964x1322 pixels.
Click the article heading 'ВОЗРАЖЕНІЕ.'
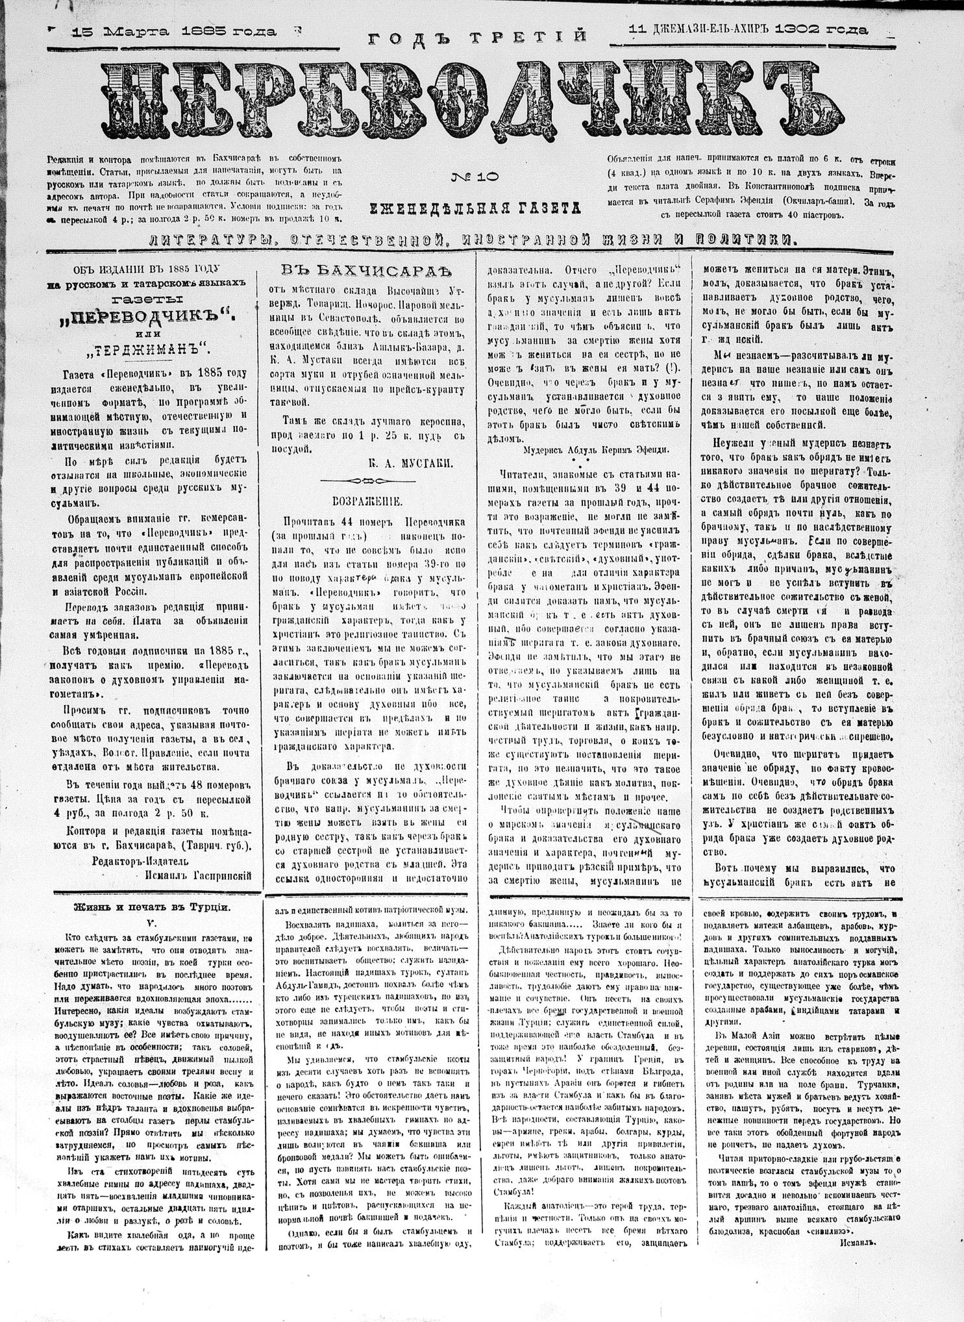367,501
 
